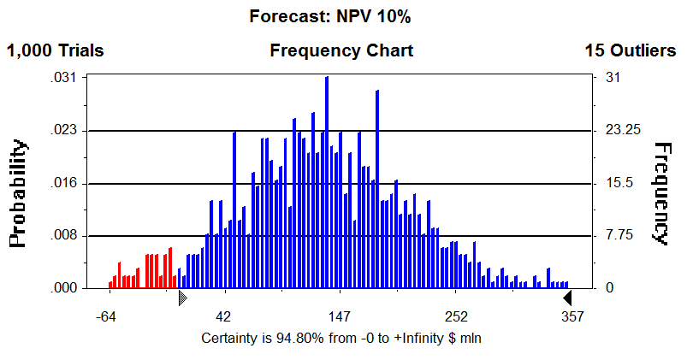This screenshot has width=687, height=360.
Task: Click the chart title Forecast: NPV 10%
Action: pyautogui.click(x=341, y=15)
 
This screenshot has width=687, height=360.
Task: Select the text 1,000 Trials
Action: pyautogui.click(x=56, y=50)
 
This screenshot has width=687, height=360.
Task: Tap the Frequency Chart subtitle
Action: pyautogui.click(x=341, y=50)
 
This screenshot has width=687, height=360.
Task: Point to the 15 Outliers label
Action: pyautogui.click(x=630, y=50)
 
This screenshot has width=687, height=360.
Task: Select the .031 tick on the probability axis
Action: pyautogui.click(x=65, y=78)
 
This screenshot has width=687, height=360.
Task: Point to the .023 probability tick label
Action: pyautogui.click(x=65, y=131)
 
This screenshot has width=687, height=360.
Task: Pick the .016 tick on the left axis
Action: pyautogui.click(x=65, y=184)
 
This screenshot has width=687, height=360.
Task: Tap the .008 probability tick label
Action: pyautogui.click(x=65, y=236)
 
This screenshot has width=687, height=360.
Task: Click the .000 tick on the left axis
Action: pyautogui.click(x=65, y=289)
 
